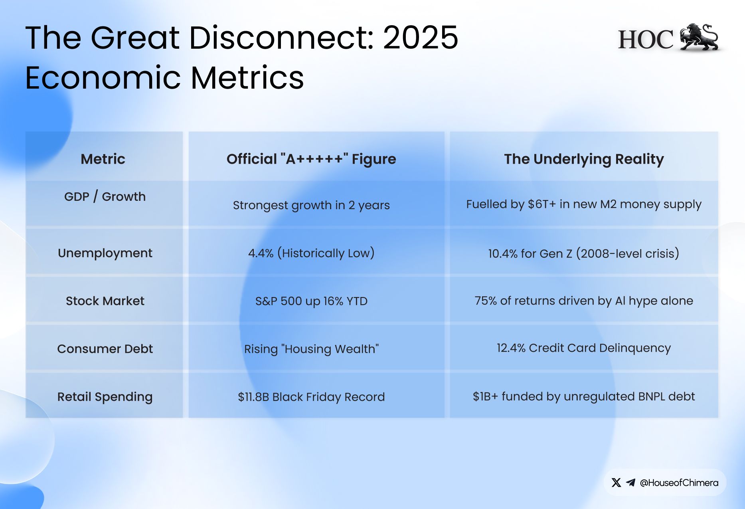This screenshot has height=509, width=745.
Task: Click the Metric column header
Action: (x=103, y=159)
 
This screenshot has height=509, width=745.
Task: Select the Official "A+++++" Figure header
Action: (x=311, y=159)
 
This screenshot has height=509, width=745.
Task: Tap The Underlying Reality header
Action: (x=584, y=159)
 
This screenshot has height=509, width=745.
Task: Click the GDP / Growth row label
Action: (x=105, y=196)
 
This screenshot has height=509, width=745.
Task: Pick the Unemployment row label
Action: (x=105, y=253)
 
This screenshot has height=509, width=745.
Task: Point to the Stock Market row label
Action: (x=105, y=301)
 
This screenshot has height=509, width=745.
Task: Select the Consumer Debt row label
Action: (x=105, y=349)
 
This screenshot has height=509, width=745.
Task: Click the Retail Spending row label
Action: (x=105, y=396)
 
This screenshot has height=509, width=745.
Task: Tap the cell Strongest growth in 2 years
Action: (x=311, y=205)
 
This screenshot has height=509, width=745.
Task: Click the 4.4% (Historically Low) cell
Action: (x=311, y=253)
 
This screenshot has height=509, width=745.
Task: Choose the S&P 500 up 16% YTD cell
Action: (x=311, y=301)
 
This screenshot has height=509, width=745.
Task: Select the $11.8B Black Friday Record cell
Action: (x=311, y=396)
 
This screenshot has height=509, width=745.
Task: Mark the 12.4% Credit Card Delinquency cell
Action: (x=584, y=348)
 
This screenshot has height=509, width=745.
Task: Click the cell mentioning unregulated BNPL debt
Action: (x=584, y=396)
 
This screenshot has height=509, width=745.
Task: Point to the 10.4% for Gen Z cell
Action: (x=584, y=253)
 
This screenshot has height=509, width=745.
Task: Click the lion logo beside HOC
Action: (x=700, y=38)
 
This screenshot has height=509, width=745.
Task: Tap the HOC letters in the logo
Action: (x=646, y=40)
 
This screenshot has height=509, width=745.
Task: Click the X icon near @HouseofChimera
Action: (x=616, y=483)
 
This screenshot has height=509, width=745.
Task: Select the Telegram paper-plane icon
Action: (x=630, y=483)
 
